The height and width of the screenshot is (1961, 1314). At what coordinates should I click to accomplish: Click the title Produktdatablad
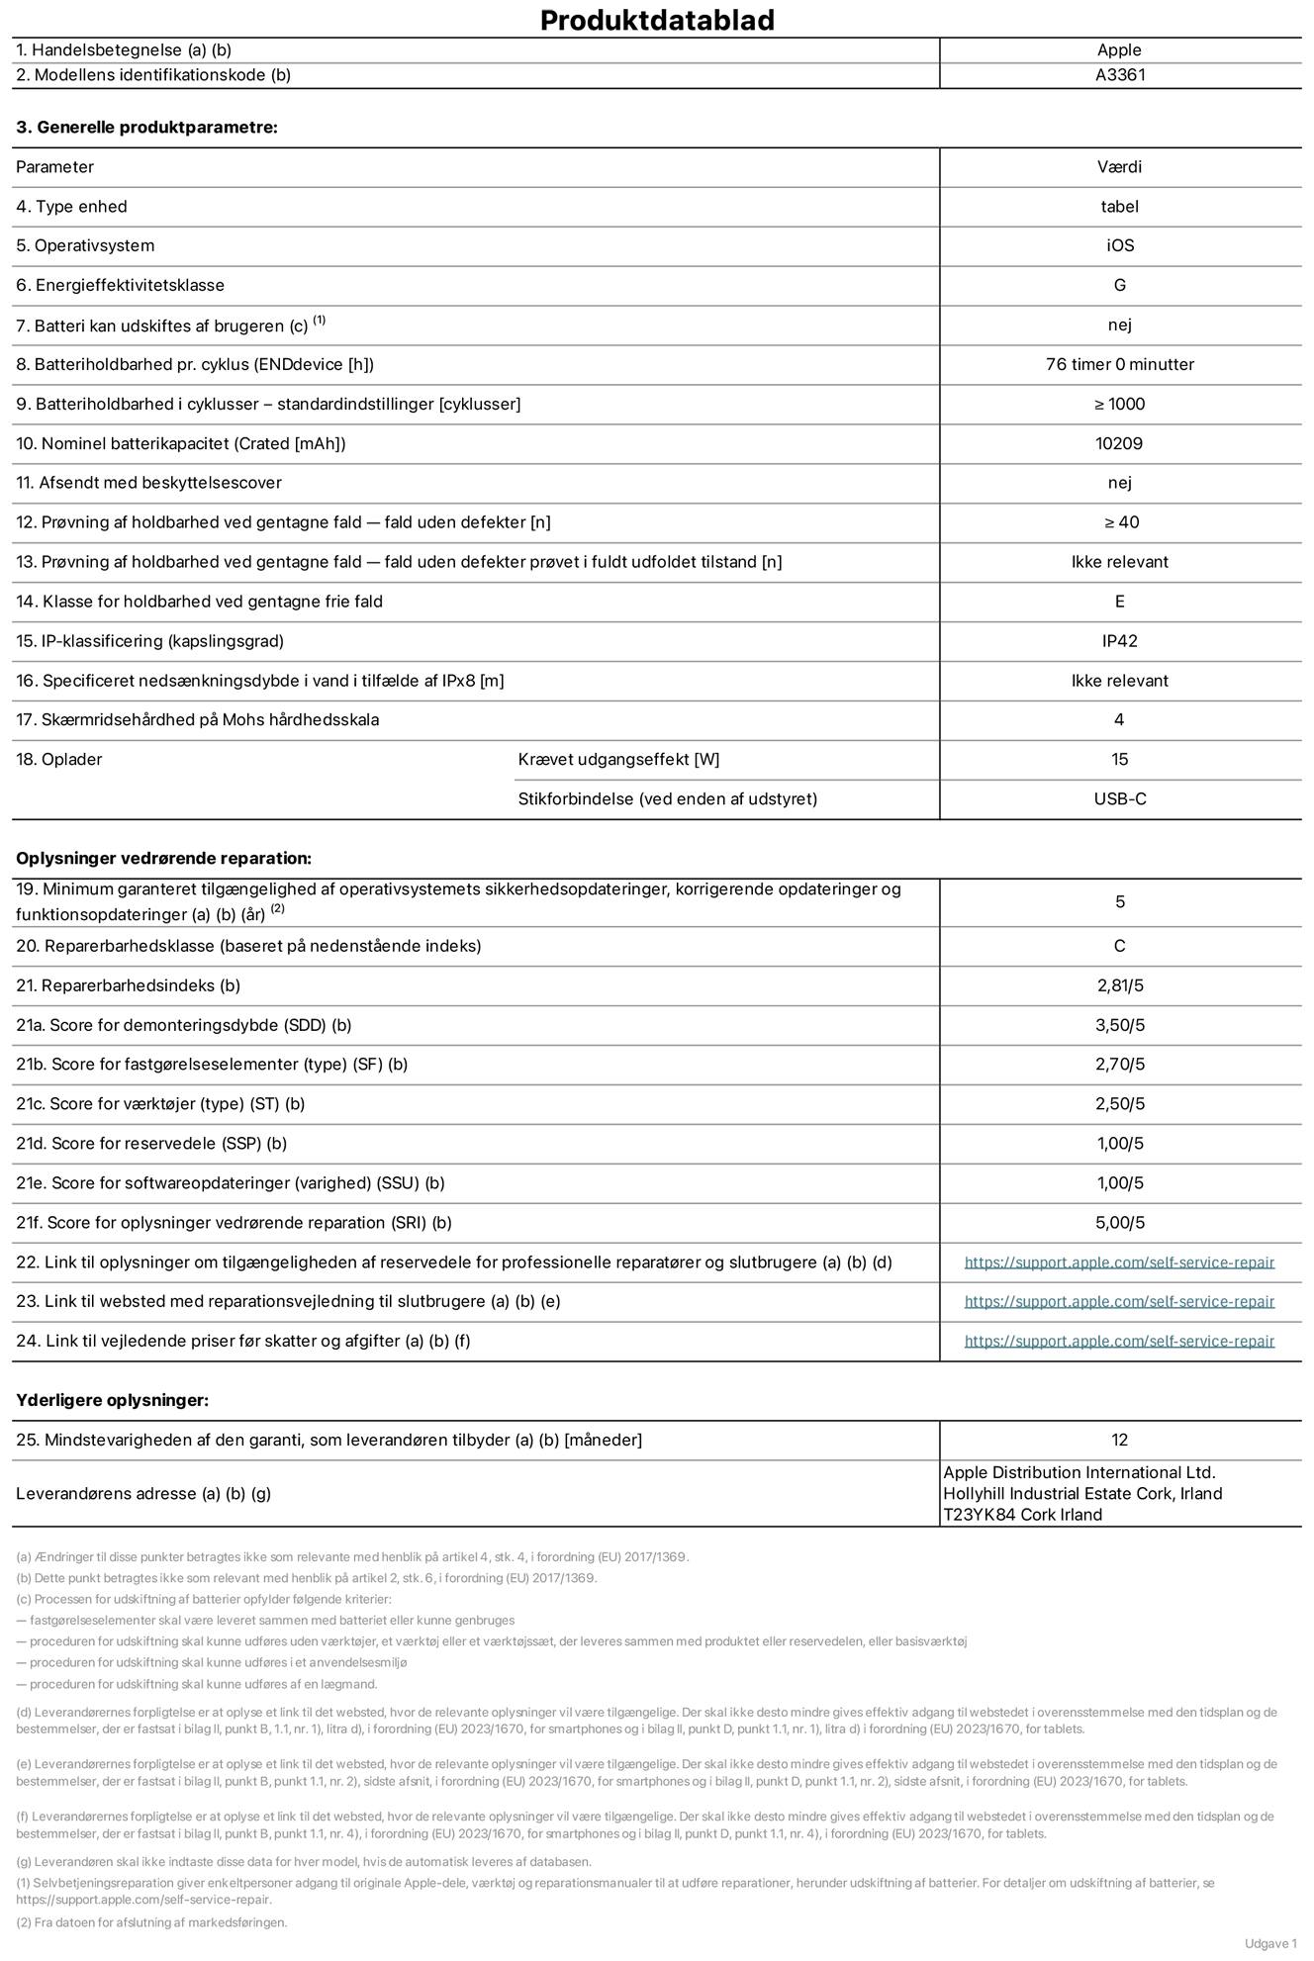[x=657, y=20]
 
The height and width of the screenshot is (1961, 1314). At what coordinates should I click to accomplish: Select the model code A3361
[x=1119, y=75]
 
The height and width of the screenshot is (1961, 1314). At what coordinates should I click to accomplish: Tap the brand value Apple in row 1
[x=1119, y=50]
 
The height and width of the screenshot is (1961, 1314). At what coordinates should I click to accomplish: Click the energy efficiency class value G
[x=1119, y=285]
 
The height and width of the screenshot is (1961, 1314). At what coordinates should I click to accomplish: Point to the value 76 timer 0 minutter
[x=1119, y=364]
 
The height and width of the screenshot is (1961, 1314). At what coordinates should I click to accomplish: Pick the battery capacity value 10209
[x=1119, y=443]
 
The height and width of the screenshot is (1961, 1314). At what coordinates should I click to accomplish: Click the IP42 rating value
[x=1119, y=641]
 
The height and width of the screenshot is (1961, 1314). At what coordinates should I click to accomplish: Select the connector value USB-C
[x=1119, y=798]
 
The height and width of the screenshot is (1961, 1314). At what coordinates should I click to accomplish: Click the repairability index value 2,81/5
[x=1119, y=985]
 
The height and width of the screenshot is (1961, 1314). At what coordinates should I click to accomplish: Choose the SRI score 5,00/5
[x=1119, y=1223]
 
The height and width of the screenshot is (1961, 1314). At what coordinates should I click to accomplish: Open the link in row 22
[x=1119, y=1262]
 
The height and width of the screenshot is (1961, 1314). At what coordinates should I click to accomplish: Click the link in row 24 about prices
[x=1119, y=1342]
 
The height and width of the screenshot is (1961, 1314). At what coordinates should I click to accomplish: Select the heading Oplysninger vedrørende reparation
[x=163, y=858]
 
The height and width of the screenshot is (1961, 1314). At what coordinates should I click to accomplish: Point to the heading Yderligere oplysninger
[x=112, y=1400]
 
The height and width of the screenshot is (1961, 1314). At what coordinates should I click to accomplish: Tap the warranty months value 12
[x=1119, y=1441]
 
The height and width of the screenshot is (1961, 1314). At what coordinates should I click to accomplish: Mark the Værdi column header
[x=1119, y=167]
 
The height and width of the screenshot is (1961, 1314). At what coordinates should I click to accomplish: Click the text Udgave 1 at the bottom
[x=1270, y=1943]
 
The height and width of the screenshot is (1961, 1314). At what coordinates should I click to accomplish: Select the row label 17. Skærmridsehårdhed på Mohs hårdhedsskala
[x=197, y=720]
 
